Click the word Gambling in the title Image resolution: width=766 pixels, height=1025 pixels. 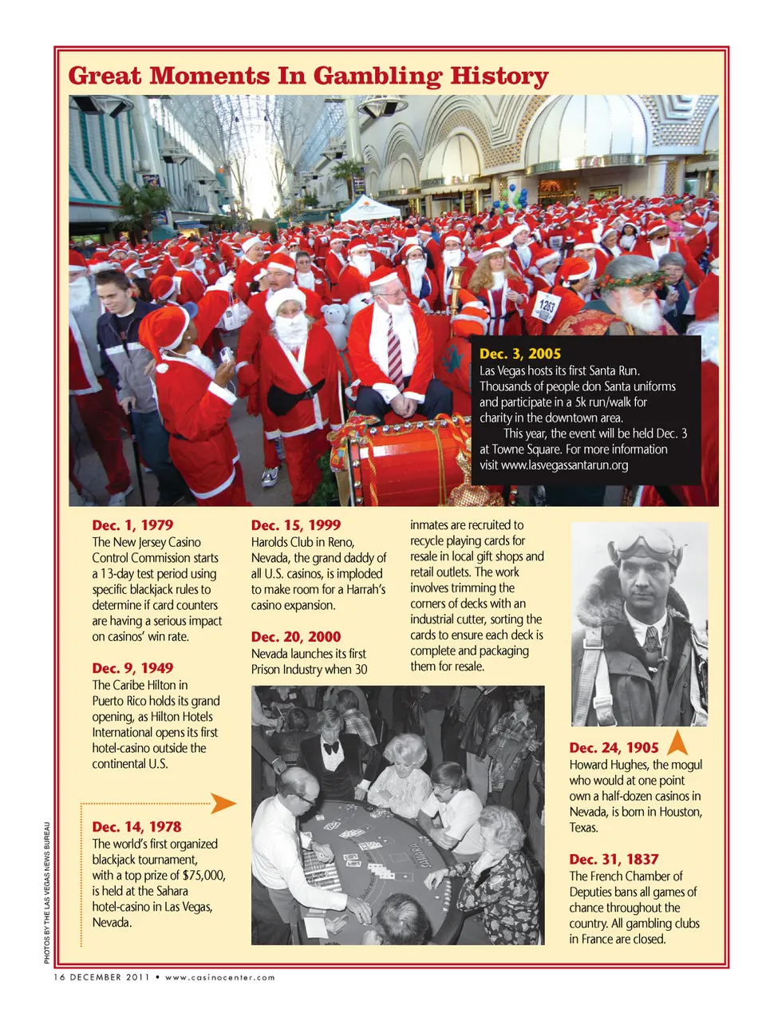(x=376, y=77)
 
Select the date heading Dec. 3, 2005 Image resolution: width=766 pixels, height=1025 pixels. (x=520, y=354)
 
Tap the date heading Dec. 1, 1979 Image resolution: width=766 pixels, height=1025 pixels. (x=132, y=525)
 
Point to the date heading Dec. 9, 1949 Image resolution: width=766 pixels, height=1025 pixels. (x=132, y=668)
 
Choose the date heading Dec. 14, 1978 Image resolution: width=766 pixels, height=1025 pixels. (x=136, y=827)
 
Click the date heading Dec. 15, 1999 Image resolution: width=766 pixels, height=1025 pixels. (x=296, y=525)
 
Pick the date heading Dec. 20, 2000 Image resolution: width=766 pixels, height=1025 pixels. (x=296, y=637)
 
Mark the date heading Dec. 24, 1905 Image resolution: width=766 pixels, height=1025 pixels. (x=614, y=748)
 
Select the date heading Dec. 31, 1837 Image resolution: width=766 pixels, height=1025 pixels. (x=614, y=860)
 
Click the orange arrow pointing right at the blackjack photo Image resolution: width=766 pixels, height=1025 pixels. (x=224, y=803)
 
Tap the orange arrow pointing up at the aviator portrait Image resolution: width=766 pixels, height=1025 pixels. (x=677, y=743)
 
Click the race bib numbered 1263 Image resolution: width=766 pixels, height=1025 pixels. (x=547, y=307)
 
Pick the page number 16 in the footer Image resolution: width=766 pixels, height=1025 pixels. (x=59, y=977)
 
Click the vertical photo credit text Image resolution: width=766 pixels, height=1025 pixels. (x=47, y=892)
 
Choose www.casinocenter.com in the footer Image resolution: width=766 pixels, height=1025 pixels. (x=220, y=977)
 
